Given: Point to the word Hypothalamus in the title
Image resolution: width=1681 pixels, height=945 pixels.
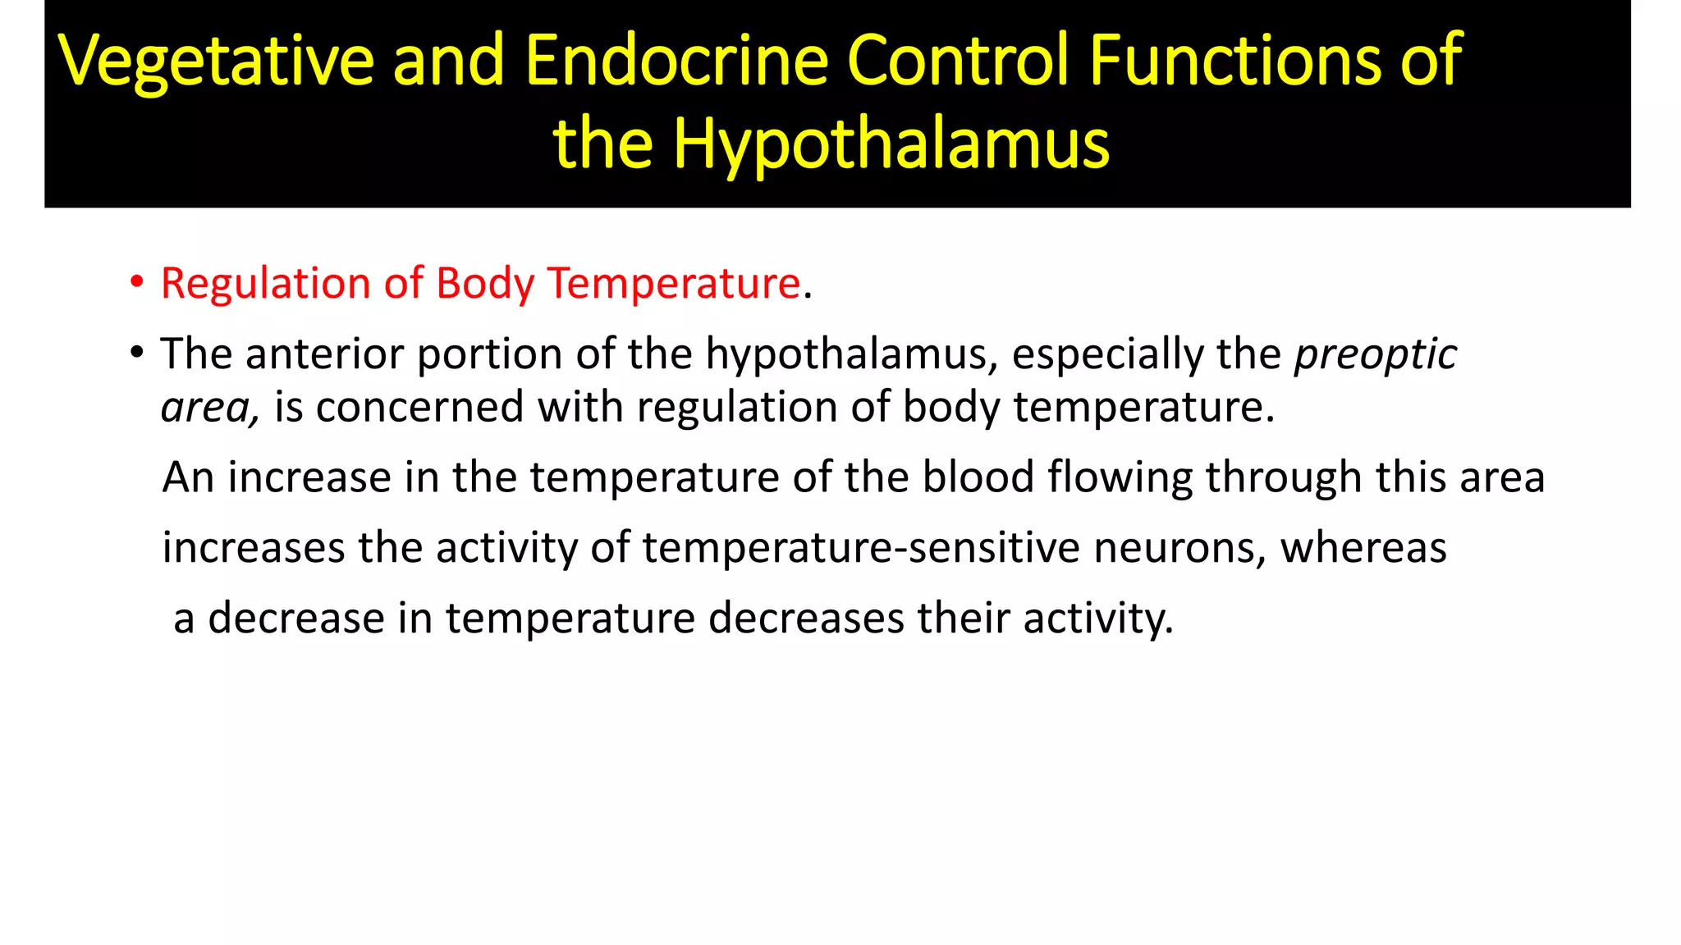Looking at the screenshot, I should (x=891, y=145).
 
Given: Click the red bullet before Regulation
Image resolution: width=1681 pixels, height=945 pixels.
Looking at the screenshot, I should (x=136, y=283).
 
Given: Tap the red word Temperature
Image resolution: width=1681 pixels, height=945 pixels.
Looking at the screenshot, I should (x=674, y=284).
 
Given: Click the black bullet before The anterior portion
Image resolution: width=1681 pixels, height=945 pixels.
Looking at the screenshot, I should (x=136, y=354).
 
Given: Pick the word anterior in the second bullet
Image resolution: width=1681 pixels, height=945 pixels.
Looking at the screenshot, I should (x=324, y=354).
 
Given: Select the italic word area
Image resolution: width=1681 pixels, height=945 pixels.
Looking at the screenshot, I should (x=208, y=408).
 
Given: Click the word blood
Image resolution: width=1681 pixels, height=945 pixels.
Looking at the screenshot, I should (x=978, y=477).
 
